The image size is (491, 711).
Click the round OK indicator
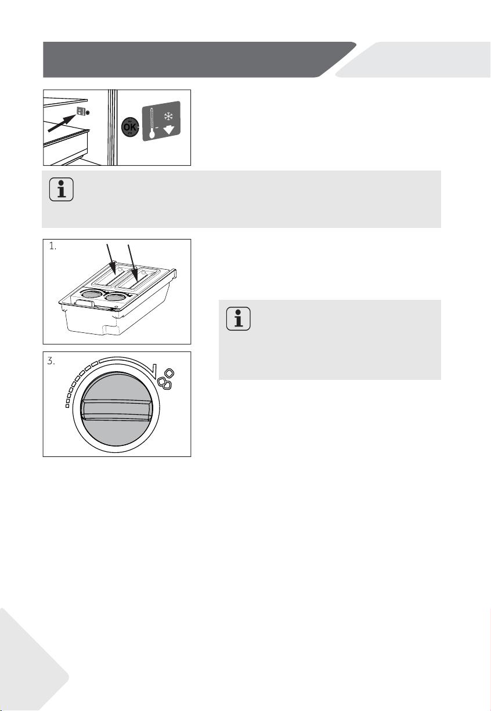[130, 127]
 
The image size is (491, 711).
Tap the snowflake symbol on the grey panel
[168, 116]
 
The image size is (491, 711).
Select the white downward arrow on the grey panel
[169, 130]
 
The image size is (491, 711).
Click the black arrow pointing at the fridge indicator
[62, 123]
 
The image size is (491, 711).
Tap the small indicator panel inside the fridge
[82, 111]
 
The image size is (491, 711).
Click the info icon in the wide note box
[62, 190]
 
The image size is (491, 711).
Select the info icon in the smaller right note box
[238, 319]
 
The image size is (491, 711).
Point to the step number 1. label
[53, 246]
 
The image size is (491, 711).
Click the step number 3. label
[51, 361]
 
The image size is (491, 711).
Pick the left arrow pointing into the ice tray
[111, 259]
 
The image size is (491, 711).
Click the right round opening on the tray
[115, 297]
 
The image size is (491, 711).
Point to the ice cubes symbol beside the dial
[166, 378]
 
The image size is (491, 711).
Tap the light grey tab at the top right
[413, 60]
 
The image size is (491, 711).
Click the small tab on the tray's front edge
[84, 304]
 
